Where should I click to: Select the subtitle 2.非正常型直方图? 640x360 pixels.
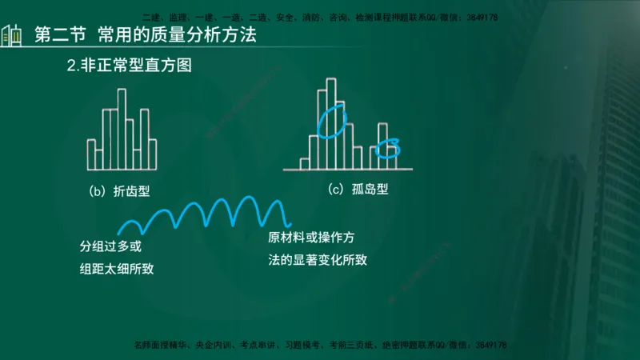[x=130, y=66]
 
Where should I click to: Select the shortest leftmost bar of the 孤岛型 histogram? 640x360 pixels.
[x=305, y=164]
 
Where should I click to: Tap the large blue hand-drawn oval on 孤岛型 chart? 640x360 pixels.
[x=331, y=121]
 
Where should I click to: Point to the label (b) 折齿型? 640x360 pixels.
[x=121, y=191]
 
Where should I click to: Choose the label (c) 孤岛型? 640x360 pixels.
[x=358, y=190]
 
